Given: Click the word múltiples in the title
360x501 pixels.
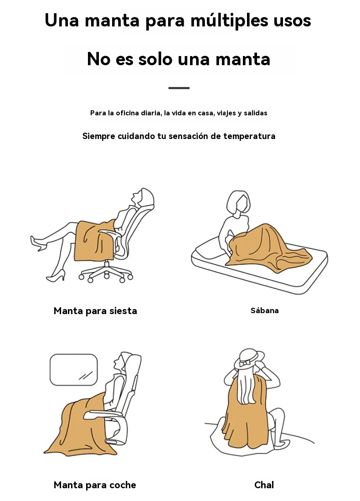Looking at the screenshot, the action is click(229, 21).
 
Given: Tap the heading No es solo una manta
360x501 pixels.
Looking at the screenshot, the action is click(179, 59).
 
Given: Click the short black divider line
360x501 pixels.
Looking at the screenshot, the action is click(179, 88).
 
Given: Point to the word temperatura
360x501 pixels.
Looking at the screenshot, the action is click(249, 136).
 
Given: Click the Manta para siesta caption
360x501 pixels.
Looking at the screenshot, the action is click(95, 311).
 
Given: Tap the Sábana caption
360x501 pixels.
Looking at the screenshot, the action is click(264, 310).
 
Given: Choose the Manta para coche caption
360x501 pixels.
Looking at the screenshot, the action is click(95, 485).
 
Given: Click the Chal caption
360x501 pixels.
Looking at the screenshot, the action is click(264, 485).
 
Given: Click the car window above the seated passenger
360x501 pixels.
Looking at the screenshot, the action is click(74, 370).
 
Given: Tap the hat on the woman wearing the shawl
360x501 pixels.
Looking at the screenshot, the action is click(249, 358).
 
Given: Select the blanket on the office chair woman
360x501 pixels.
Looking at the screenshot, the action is click(93, 240).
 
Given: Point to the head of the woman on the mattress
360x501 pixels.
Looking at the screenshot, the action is click(238, 202).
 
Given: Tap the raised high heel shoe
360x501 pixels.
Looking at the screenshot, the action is click(38, 243).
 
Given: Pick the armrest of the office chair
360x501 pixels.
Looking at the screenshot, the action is click(109, 232).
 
